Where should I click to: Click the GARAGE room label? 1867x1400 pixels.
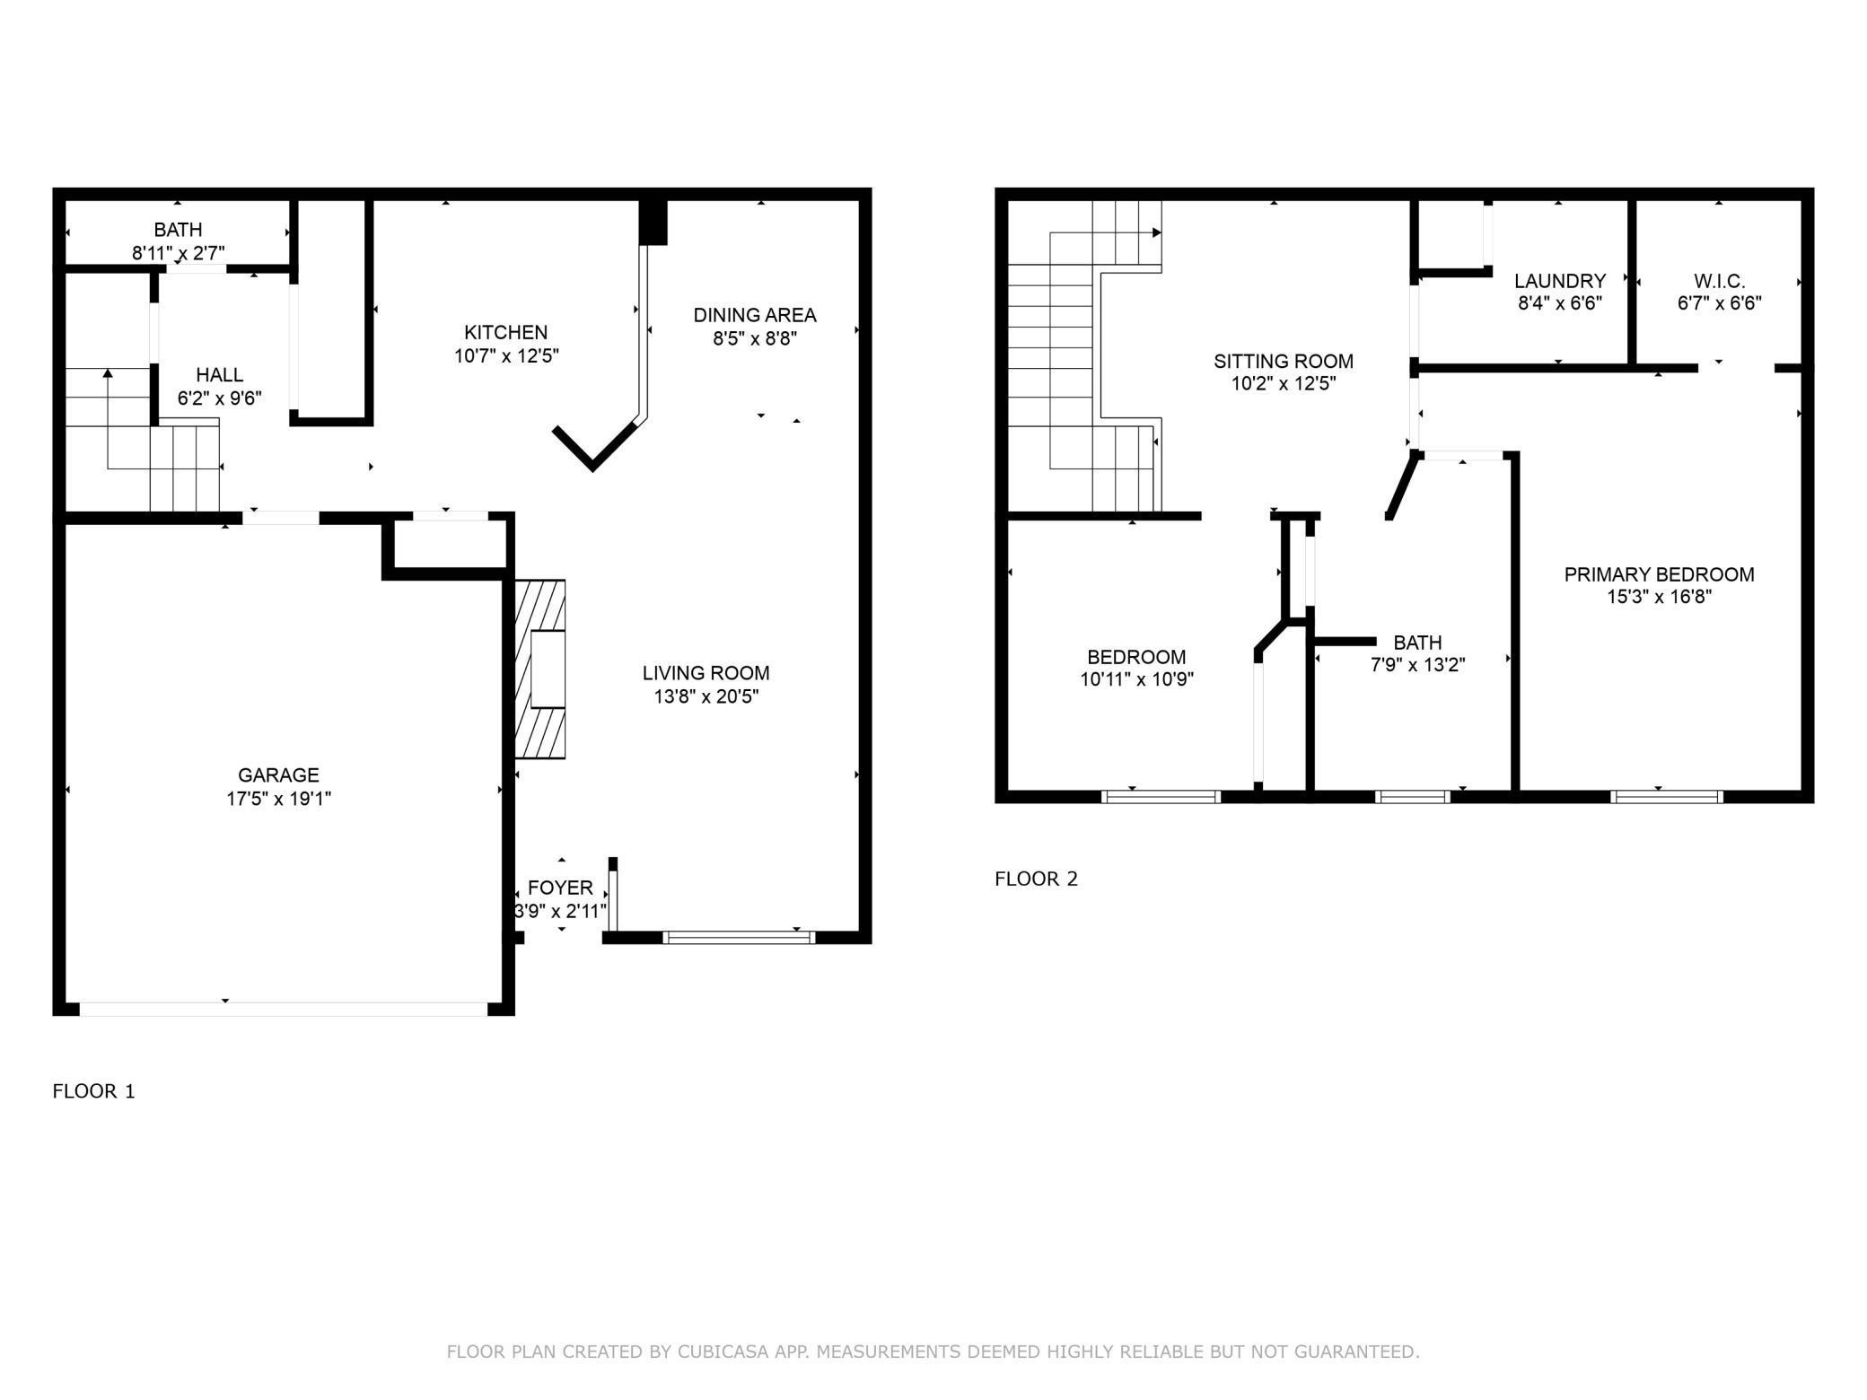pos(278,774)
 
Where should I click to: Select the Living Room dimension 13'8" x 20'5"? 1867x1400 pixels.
pos(706,696)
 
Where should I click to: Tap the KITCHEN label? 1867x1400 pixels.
pos(505,332)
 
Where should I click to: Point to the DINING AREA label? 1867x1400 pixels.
pos(754,315)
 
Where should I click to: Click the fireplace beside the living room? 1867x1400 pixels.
pos(541,669)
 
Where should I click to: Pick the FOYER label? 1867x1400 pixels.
pos(560,888)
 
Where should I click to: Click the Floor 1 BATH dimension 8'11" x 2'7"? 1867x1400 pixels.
pos(178,253)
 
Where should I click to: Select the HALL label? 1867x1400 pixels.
pos(219,375)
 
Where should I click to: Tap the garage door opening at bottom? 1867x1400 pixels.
pos(284,1009)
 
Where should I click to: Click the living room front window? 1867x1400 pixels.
pos(739,938)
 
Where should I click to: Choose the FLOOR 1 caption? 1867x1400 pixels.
pos(93,1091)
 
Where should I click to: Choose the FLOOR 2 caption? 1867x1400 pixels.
pos(1036,879)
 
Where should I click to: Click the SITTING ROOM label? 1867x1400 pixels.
pos(1283,361)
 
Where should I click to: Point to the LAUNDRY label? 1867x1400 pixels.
pos(1559,281)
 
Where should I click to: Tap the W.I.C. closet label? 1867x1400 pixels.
pos(1719,281)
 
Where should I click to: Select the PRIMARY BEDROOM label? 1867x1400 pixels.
pos(1659,574)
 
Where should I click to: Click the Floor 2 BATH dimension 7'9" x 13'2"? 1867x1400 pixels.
pos(1417,665)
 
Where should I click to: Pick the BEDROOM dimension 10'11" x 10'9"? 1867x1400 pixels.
pos(1136,679)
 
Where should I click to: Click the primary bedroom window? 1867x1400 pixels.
pos(1667,796)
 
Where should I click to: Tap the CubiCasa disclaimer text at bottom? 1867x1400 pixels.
pos(933,1352)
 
